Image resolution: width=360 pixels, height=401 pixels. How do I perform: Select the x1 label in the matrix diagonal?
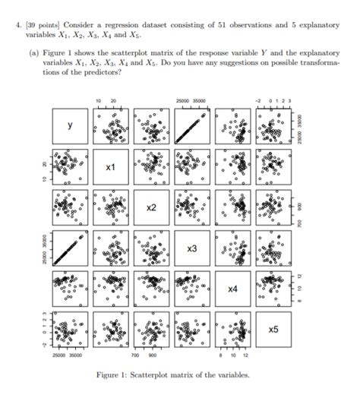tap(110, 166)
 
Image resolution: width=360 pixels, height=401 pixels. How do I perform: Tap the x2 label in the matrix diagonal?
tap(151, 207)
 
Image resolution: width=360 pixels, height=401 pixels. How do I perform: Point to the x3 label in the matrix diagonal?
tap(192, 248)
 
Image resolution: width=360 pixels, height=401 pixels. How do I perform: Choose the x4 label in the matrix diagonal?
tap(233, 289)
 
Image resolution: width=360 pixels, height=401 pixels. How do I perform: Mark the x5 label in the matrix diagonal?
tap(273, 330)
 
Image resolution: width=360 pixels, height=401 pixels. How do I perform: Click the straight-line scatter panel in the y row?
tap(192, 126)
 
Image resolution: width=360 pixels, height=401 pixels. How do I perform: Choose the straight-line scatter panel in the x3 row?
tap(69, 248)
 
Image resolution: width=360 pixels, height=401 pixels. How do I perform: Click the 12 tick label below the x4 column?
tap(245, 354)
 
